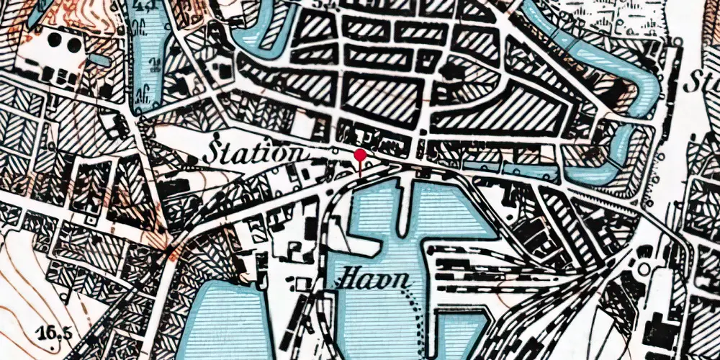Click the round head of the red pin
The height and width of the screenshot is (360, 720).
[360, 154]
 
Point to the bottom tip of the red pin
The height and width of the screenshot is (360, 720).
[360, 175]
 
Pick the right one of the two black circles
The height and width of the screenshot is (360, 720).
[75, 45]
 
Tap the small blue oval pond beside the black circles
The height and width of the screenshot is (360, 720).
[100, 60]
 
